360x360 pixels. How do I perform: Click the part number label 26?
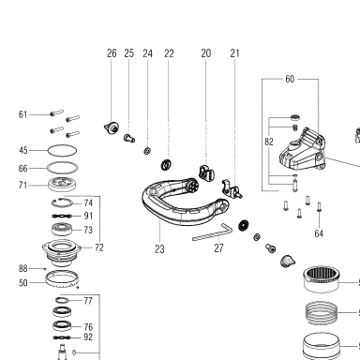(112, 53)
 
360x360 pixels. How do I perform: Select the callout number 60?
(290, 79)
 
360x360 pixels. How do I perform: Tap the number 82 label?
(269, 142)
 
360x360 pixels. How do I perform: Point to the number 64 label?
(319, 233)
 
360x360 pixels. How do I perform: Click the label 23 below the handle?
(159, 249)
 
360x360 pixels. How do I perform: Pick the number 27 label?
(218, 248)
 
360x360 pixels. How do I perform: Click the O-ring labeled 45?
(62, 150)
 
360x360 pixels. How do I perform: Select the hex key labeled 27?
(213, 232)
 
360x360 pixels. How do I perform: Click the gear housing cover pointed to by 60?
(303, 151)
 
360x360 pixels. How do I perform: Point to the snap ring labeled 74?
(62, 202)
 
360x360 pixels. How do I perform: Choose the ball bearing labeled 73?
(62, 230)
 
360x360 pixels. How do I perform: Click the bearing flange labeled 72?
(62, 252)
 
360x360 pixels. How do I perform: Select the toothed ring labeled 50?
(62, 279)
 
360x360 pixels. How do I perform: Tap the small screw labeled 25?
(129, 138)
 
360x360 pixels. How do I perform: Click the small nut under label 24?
(147, 151)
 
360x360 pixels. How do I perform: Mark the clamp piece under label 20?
(206, 172)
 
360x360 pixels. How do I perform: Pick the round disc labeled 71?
(62, 185)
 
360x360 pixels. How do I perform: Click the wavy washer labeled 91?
(62, 216)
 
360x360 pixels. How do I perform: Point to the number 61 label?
(22, 114)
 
